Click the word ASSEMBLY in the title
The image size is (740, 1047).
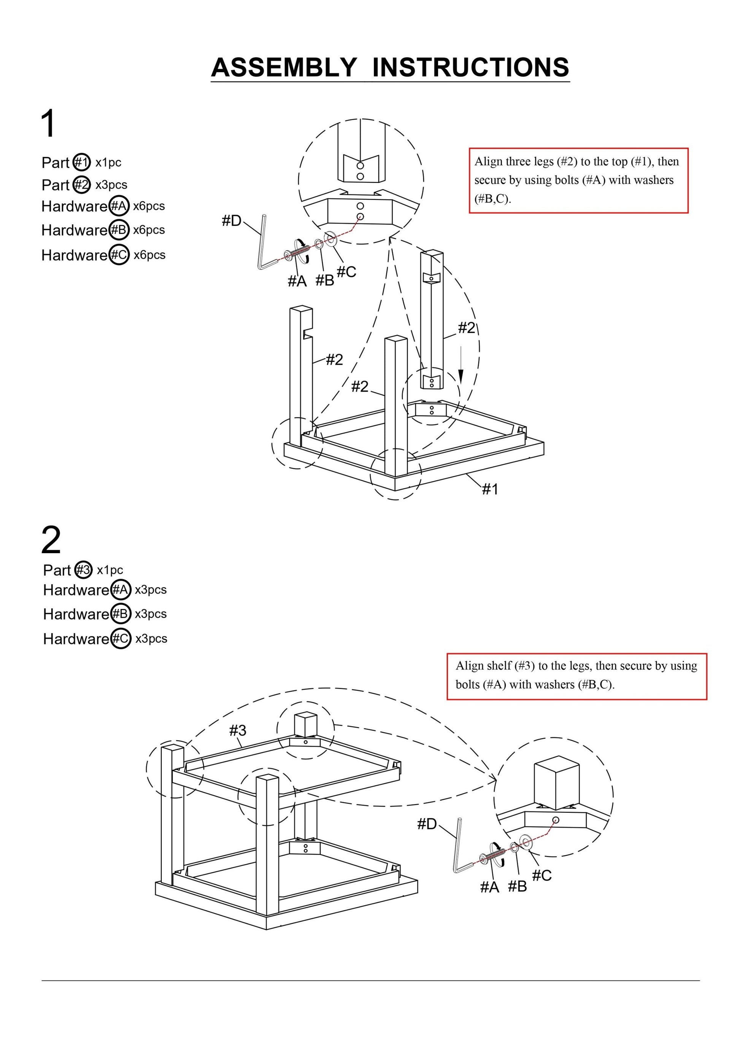click(x=284, y=68)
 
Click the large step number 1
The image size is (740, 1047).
click(x=48, y=123)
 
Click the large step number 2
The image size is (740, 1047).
click(x=51, y=540)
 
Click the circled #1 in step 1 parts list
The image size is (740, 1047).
click(x=82, y=162)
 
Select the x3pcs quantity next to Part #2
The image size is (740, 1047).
click(x=111, y=185)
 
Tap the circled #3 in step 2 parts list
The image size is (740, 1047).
click(x=84, y=570)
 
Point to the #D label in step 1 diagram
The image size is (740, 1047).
click(x=231, y=221)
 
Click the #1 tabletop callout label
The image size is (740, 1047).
click(x=490, y=489)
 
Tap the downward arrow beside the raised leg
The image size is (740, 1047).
click(x=461, y=365)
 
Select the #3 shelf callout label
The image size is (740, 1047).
click(x=237, y=731)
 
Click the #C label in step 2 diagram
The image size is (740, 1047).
click(x=542, y=875)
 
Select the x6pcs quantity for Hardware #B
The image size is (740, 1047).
click(x=149, y=230)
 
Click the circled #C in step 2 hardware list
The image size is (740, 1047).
click(x=121, y=638)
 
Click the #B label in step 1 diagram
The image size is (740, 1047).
click(x=325, y=281)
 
